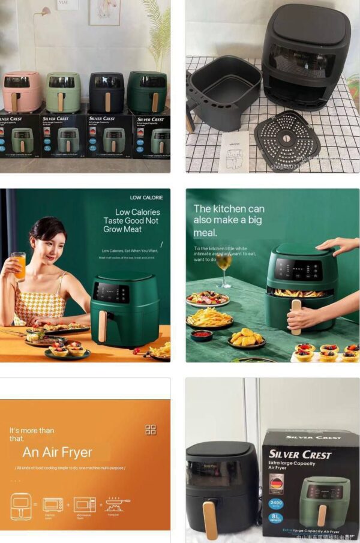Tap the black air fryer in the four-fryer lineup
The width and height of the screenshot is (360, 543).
click(x=106, y=92)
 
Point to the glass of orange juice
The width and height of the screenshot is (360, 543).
click(x=19, y=266)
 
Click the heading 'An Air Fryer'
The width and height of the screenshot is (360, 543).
click(x=58, y=452)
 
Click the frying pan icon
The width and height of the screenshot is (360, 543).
click(x=118, y=503)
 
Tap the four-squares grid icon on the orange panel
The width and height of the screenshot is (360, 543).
click(x=151, y=430)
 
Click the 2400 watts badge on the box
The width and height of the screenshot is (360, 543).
click(x=277, y=502)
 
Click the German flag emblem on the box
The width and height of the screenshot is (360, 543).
click(x=277, y=483)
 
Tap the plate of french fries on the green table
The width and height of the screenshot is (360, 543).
click(x=209, y=317)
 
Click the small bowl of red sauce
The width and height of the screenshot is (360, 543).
click(x=202, y=335)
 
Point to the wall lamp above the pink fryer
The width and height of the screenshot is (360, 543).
click(x=44, y=12)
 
